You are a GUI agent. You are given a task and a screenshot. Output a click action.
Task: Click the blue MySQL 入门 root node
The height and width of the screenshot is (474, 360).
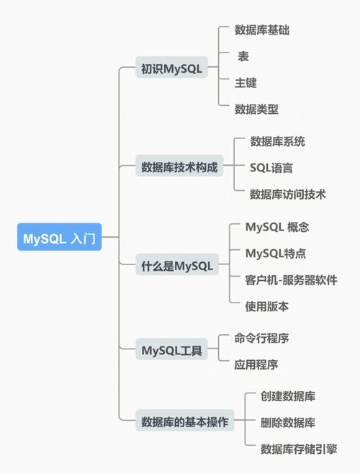pos(60,238)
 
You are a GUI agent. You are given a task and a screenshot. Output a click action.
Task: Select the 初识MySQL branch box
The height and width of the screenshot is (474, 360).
pos(171,69)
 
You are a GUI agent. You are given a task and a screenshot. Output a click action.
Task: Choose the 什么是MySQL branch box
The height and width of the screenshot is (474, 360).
pos(177,266)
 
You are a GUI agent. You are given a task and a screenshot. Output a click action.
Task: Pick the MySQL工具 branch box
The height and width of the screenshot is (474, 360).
pos(171,351)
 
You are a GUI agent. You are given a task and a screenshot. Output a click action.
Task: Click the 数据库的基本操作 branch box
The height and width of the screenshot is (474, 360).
pos(184,422)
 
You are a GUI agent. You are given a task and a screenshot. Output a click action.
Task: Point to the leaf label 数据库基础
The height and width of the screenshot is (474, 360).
pos(262,30)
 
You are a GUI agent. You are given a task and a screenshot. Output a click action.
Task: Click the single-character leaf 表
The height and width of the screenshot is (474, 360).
pos(244,56)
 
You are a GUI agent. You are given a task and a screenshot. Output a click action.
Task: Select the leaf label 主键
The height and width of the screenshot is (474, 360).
pos(246,83)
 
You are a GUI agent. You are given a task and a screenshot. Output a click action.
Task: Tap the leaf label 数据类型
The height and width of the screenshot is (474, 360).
pos(256,109)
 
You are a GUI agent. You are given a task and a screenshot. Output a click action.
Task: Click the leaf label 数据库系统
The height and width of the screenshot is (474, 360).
pos(277,141)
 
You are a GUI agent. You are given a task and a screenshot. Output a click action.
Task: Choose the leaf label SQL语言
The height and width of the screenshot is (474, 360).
pos(271,168)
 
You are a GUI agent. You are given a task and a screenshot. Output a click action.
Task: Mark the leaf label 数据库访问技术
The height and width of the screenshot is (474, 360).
pos(288,194)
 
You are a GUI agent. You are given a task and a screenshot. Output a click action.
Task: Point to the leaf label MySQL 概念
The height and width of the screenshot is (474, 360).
pos(276,227)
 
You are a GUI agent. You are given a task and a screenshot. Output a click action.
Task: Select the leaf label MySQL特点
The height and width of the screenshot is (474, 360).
pos(275,254)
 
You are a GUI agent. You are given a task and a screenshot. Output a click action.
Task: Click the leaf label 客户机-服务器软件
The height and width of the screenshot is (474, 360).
pos(291,280)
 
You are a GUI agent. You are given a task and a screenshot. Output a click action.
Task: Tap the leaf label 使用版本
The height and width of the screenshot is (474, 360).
pos(266,306)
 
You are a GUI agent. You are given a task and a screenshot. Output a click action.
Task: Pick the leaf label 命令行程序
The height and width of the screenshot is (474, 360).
pos(261,338)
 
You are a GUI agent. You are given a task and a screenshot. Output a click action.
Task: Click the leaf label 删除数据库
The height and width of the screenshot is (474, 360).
pos(288,422)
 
